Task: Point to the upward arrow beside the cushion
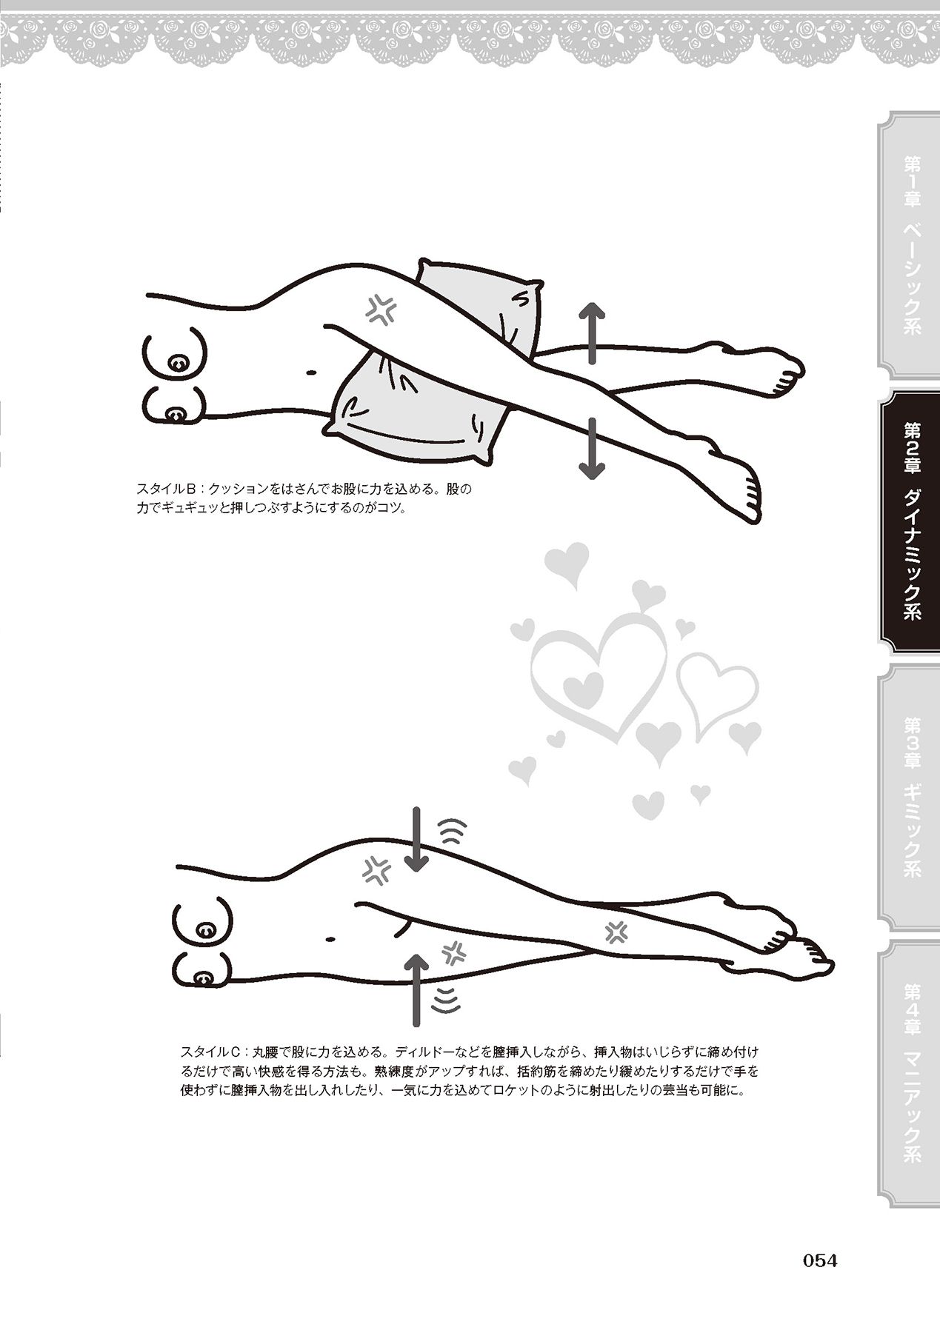click(592, 333)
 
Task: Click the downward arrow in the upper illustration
click(592, 447)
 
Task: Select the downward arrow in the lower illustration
click(417, 840)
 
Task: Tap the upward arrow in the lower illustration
click(417, 989)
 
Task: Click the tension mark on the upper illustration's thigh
click(381, 310)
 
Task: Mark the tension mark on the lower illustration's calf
click(615, 931)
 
